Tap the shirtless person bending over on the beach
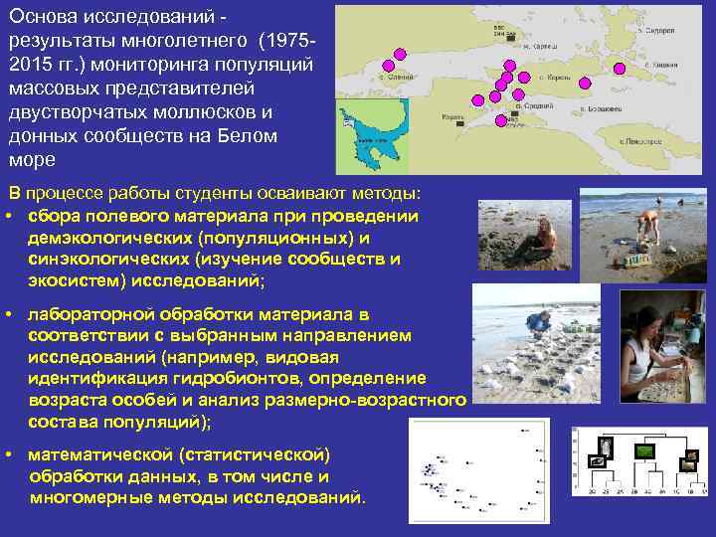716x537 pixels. click(648, 224)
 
